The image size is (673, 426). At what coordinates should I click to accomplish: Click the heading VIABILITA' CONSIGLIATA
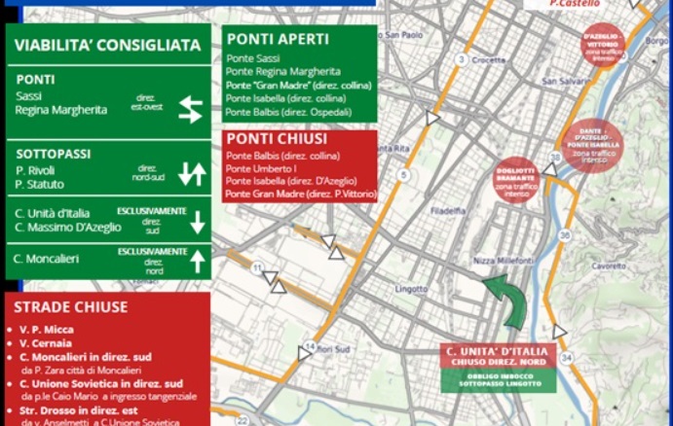(x=108, y=45)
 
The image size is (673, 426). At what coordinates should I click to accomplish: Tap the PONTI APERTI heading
(x=278, y=40)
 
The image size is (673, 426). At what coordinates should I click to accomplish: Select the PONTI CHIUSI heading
(x=277, y=138)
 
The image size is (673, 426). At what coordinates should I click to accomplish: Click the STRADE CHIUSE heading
(x=70, y=307)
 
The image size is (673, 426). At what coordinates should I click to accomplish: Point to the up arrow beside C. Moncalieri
(x=198, y=261)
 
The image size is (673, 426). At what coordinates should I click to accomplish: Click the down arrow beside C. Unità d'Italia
(x=198, y=222)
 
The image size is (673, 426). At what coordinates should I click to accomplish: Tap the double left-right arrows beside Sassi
(x=190, y=109)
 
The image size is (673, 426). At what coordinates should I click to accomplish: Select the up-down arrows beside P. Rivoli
(x=192, y=174)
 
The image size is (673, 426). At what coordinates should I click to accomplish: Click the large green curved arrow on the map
(x=508, y=300)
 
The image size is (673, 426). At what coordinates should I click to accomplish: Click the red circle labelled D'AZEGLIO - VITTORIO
(x=603, y=44)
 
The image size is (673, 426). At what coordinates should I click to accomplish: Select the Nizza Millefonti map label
(x=503, y=262)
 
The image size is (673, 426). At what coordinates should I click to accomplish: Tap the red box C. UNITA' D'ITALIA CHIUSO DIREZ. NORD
(x=498, y=355)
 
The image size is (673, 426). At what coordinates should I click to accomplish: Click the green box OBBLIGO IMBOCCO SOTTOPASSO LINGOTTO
(x=498, y=379)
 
